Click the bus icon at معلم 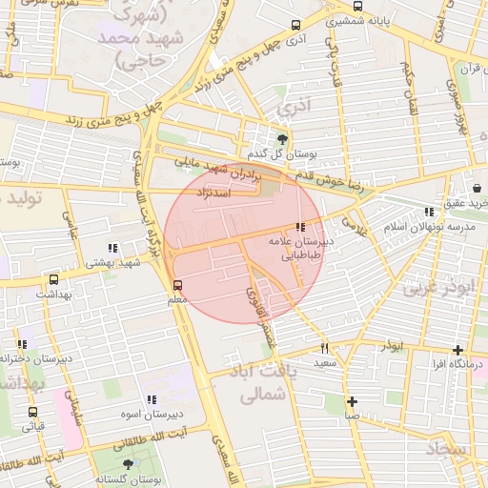click(x=177, y=285)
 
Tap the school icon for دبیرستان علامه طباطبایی click(x=301, y=227)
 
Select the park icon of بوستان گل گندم click(x=282, y=139)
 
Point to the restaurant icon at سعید click(x=325, y=348)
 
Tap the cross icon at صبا click(x=352, y=401)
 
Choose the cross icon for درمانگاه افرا click(x=458, y=350)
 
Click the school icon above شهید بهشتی click(x=113, y=248)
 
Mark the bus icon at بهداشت click(x=53, y=280)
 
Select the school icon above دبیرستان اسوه click(x=151, y=400)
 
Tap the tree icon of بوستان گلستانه click(x=129, y=464)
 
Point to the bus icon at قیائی click(x=33, y=413)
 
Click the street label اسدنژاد click(x=213, y=192)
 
